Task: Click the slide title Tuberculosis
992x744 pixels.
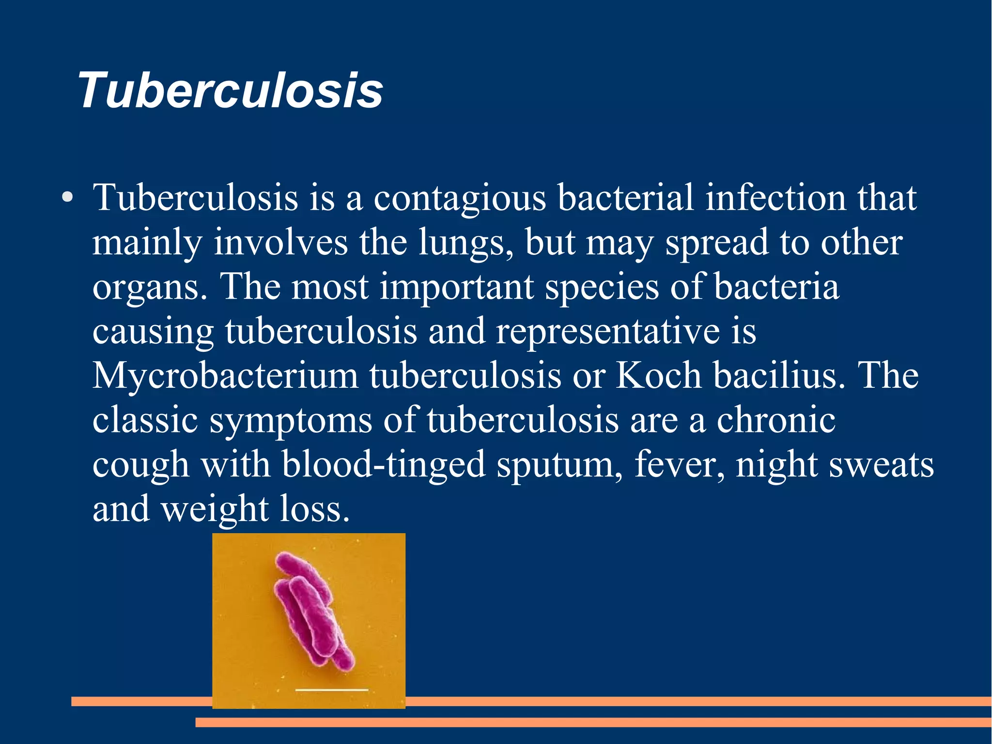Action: pyautogui.click(x=231, y=91)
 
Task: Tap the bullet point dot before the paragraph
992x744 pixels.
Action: pyautogui.click(x=68, y=198)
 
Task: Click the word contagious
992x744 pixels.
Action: pyautogui.click(x=459, y=199)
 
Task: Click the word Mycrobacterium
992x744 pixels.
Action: pyautogui.click(x=225, y=376)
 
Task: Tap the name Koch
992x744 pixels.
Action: pyautogui.click(x=658, y=376)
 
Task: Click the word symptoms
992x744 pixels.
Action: pyautogui.click(x=291, y=421)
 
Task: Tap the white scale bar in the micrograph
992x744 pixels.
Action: pyautogui.click(x=332, y=689)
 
